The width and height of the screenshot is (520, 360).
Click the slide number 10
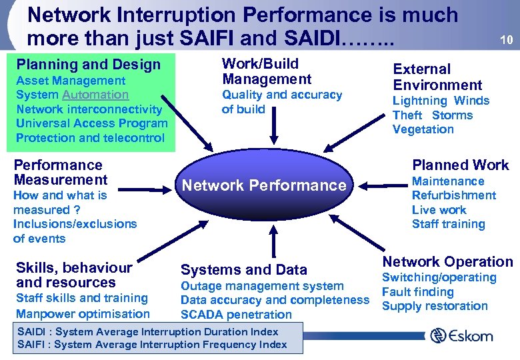tap(506, 39)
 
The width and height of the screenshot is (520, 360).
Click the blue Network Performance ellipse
tap(265, 185)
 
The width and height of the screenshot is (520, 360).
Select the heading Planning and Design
tap(89, 65)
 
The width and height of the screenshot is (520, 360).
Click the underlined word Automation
tap(95, 95)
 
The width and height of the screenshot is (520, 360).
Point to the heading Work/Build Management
tap(267, 71)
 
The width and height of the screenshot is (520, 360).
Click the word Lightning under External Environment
tap(419, 101)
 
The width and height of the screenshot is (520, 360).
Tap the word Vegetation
tap(423, 129)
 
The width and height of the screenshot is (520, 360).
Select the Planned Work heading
tap(460, 165)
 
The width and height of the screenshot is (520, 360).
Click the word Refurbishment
tap(454, 195)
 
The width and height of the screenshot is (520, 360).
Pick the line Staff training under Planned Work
tap(448, 224)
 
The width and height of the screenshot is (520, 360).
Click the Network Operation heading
tap(447, 262)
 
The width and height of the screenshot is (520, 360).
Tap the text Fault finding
tap(417, 292)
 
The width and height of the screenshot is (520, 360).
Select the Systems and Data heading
tap(244, 269)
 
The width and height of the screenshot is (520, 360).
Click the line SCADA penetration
tap(236, 315)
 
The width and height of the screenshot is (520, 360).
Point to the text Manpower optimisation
tap(83, 313)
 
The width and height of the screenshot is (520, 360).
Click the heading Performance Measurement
tap(60, 172)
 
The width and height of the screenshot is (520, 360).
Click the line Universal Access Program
tap(92, 123)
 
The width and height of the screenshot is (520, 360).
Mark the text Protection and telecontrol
tap(90, 138)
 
